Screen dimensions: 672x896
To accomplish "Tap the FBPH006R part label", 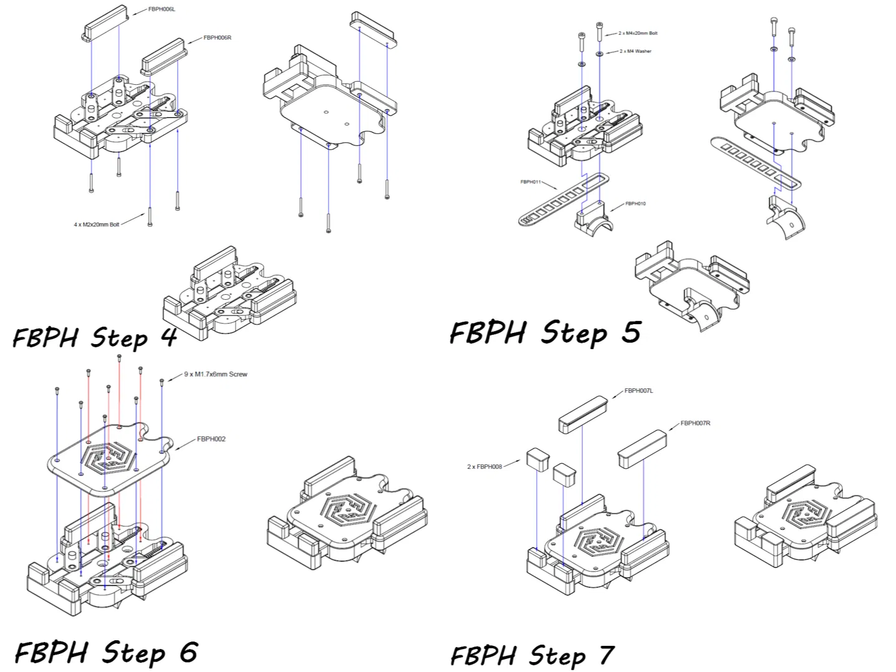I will point(218,37).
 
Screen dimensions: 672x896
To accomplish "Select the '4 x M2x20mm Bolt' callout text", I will point(96,224).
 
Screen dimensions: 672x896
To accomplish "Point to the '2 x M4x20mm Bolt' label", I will point(638,33).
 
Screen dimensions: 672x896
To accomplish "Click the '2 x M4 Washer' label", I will point(635,51).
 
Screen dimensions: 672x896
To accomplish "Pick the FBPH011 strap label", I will point(530,182).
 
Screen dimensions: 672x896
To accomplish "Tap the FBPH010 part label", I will point(635,203).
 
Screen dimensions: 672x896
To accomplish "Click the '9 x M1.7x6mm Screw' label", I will point(216,374).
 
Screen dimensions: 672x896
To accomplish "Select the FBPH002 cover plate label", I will point(211,439).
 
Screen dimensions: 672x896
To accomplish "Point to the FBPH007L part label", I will point(638,391).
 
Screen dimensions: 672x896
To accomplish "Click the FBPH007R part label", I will point(695,423).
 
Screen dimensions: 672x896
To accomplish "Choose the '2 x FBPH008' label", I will point(484,466).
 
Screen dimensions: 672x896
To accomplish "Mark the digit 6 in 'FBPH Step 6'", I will point(188,652).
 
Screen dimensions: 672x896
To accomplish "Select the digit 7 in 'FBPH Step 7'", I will point(605,655).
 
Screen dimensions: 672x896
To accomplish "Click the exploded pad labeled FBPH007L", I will point(583,413).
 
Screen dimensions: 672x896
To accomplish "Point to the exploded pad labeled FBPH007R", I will point(642,448).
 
